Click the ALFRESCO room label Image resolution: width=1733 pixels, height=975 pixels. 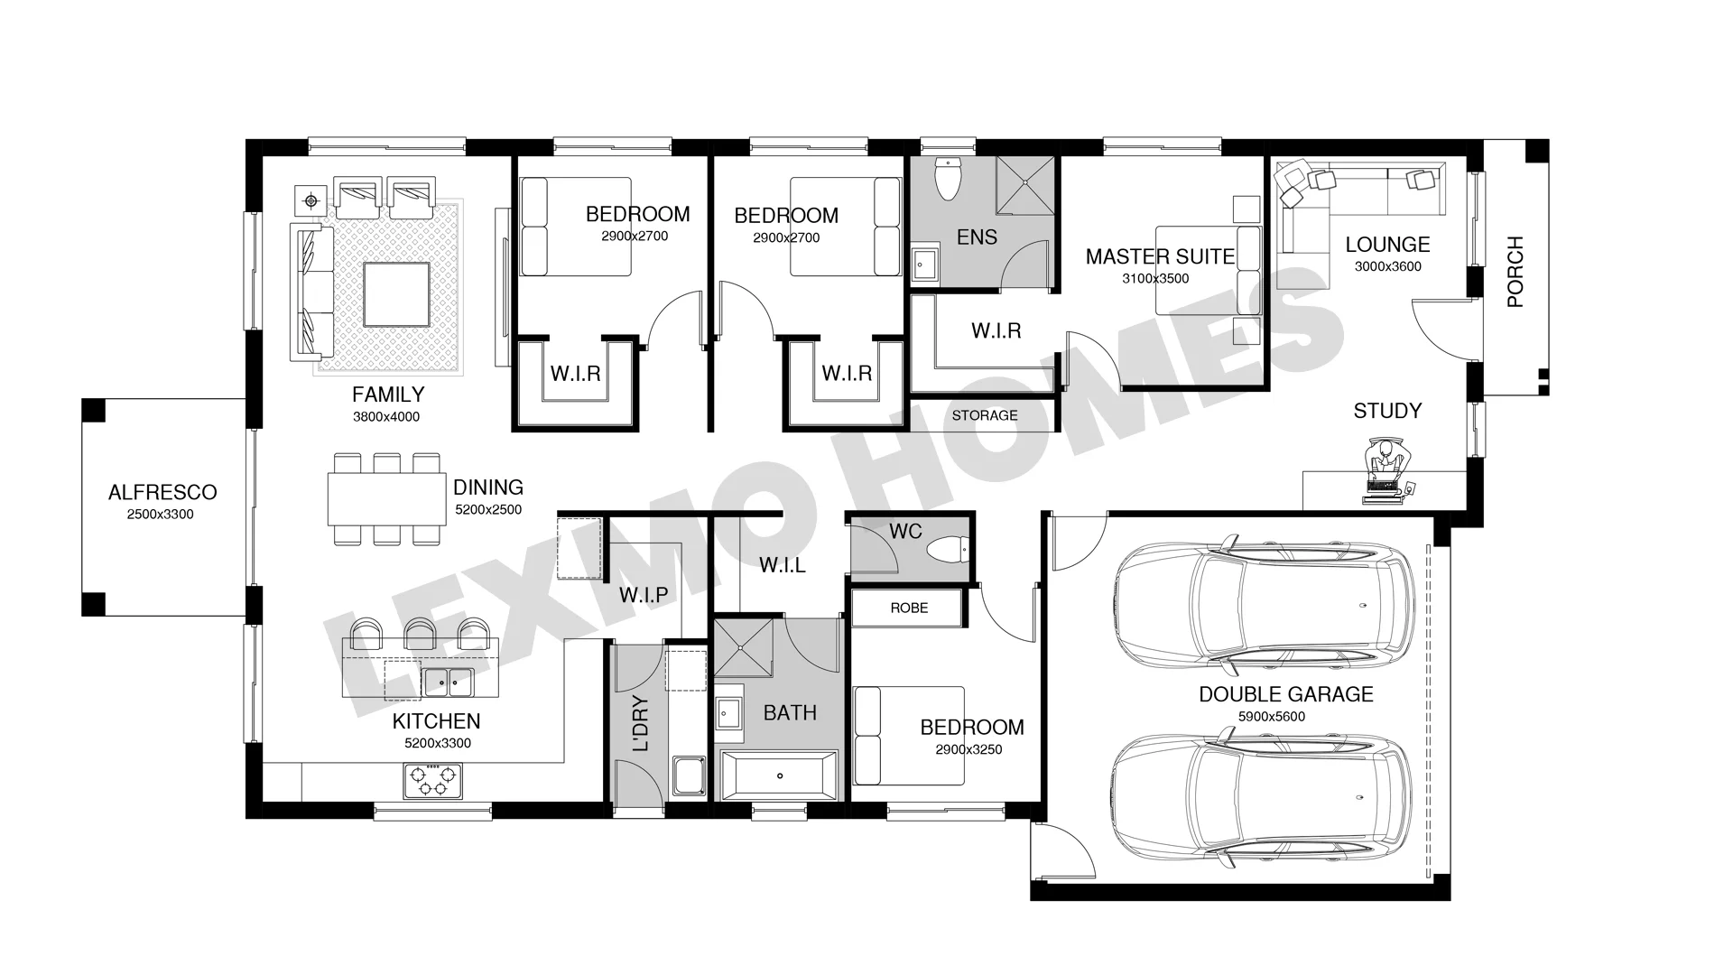coord(162,492)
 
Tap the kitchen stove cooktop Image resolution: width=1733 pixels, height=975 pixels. coord(431,780)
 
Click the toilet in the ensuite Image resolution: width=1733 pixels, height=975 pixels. coord(948,180)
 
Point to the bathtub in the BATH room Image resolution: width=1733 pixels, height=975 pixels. coord(780,775)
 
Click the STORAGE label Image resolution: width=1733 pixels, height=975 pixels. coord(985,415)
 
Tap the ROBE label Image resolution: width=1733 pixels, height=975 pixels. coord(909,608)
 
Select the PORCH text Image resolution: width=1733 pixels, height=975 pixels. coord(1515,272)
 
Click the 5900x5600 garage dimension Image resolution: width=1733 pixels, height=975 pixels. coord(1271,717)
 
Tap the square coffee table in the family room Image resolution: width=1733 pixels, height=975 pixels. coord(396,294)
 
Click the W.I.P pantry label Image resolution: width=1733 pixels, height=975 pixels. coord(644,595)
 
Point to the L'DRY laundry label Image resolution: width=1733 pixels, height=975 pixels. coord(641,724)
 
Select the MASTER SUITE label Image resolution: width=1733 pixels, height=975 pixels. coord(1160,256)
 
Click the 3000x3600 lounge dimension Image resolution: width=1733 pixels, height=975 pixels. coord(1388,266)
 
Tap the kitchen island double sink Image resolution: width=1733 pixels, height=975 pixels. coord(449,682)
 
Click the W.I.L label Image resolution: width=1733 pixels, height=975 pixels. coord(783,565)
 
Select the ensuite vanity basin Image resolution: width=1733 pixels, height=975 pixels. coord(924,265)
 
